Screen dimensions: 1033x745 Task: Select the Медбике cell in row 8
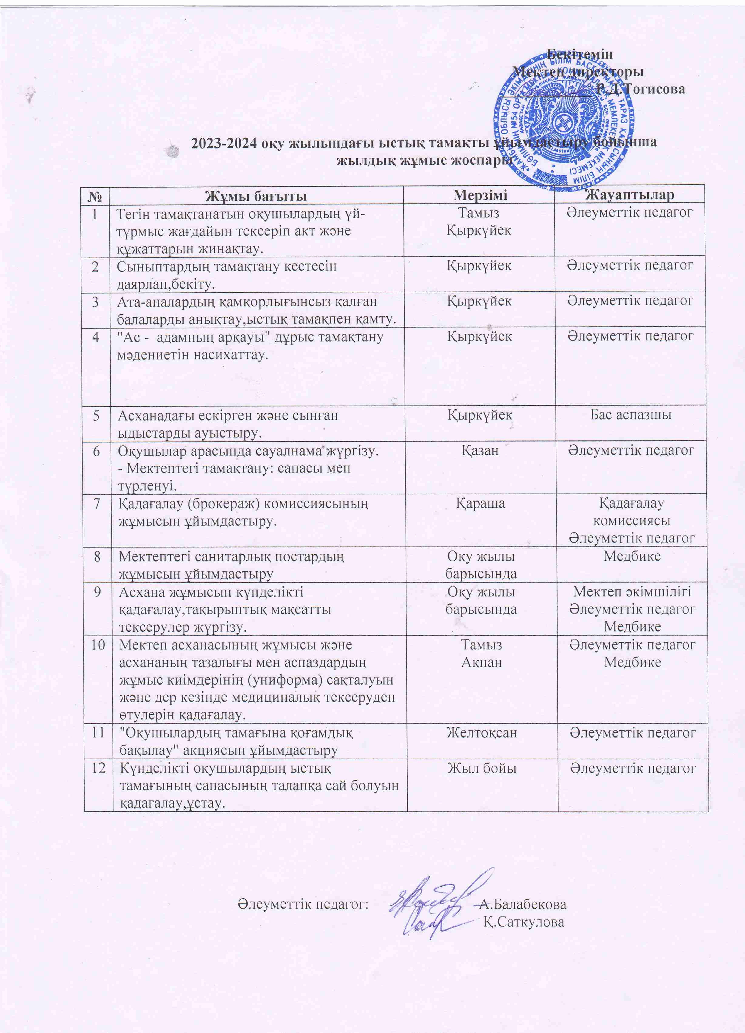[x=632, y=556]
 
